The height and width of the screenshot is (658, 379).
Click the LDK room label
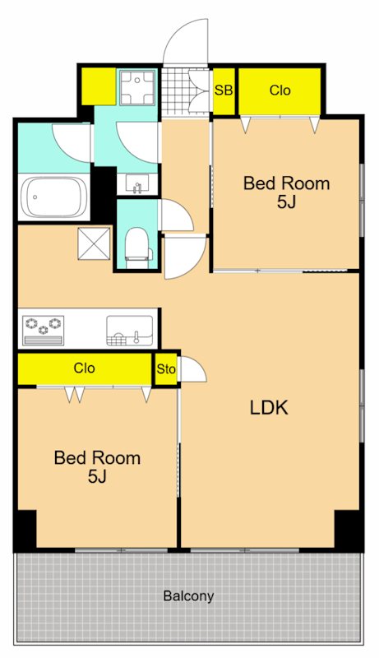coord(269,407)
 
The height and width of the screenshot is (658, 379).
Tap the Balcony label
coord(188,595)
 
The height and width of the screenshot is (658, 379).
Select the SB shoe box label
coord(224,90)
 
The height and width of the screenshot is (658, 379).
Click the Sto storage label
coord(166,369)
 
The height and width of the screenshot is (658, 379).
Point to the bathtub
coord(53,197)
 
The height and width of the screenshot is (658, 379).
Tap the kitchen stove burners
coord(44,331)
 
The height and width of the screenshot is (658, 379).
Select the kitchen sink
coord(130,331)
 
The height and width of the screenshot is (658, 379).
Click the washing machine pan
coord(137,88)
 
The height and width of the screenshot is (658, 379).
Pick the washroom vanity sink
coord(137,183)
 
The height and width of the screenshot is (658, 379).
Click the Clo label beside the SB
coord(280,90)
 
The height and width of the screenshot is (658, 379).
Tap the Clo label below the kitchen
coord(85,368)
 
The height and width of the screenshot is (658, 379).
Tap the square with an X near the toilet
coord(94,243)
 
